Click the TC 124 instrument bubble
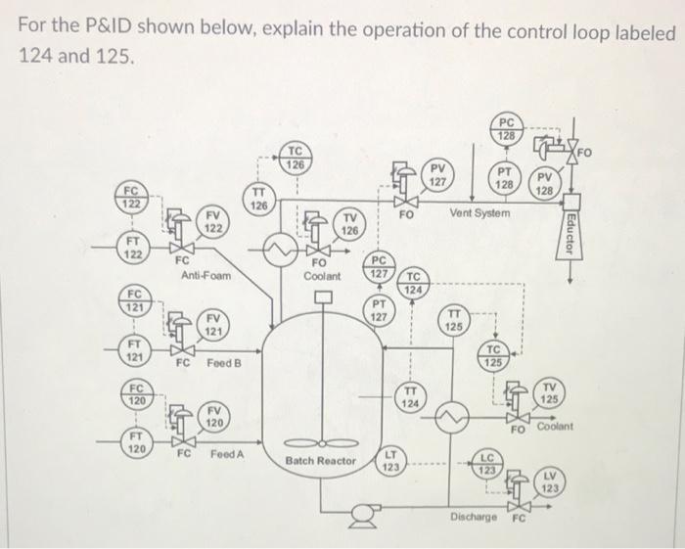(x=415, y=283)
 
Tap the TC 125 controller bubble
(x=494, y=357)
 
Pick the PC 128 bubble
(x=508, y=129)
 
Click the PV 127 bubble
(x=439, y=176)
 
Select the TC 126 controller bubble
(x=296, y=157)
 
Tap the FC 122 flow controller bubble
(x=131, y=196)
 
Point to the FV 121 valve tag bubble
(x=211, y=325)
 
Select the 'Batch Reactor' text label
(x=321, y=460)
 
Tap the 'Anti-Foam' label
(x=206, y=276)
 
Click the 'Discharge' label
(x=473, y=516)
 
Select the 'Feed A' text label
(x=227, y=455)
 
